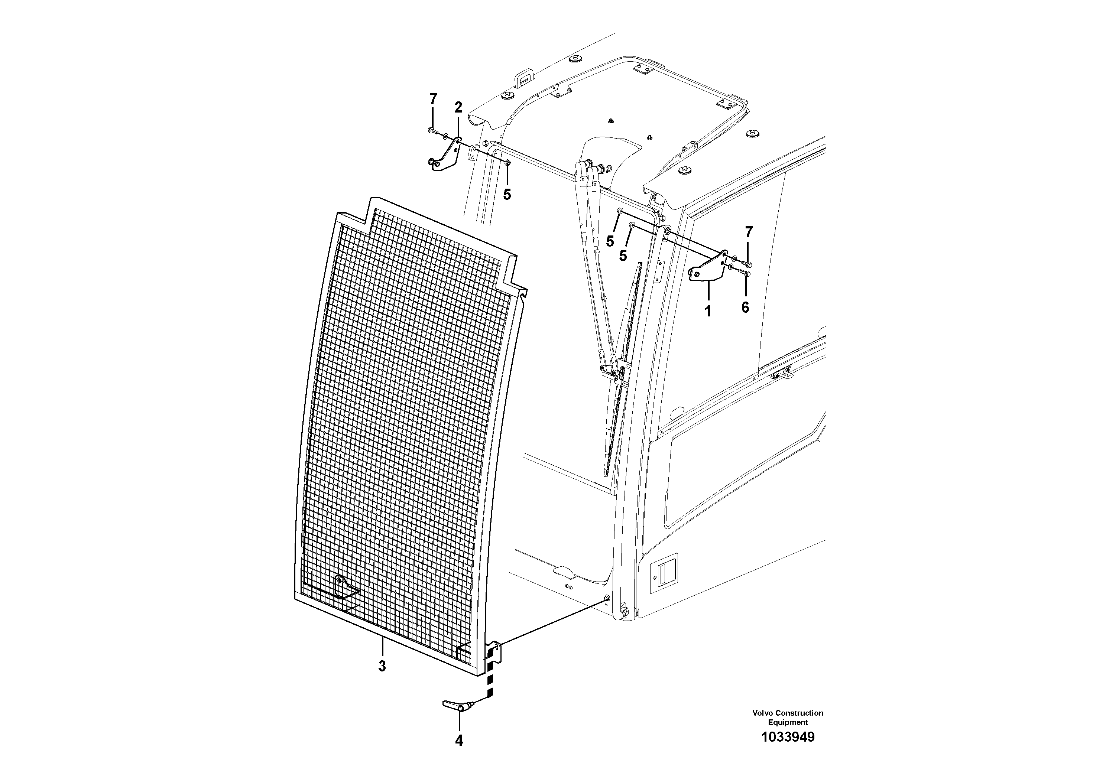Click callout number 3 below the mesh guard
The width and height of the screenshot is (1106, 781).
click(x=382, y=666)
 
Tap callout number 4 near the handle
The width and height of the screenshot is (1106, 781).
click(x=459, y=741)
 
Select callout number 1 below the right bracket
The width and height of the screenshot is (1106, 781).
click(x=708, y=312)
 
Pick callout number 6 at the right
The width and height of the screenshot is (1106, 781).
click(x=745, y=307)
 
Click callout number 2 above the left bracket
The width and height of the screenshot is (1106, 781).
click(x=458, y=107)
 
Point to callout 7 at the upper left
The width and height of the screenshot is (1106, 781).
click(x=433, y=99)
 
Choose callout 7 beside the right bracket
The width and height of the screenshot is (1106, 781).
click(x=748, y=232)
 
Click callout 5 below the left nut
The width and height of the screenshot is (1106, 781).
click(x=507, y=195)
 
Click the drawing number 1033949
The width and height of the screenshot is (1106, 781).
click(x=788, y=750)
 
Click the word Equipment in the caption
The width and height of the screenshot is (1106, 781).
click(x=788, y=722)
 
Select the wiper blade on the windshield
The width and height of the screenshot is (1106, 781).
click(x=624, y=366)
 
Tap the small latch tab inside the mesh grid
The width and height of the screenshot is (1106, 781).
click(x=344, y=588)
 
